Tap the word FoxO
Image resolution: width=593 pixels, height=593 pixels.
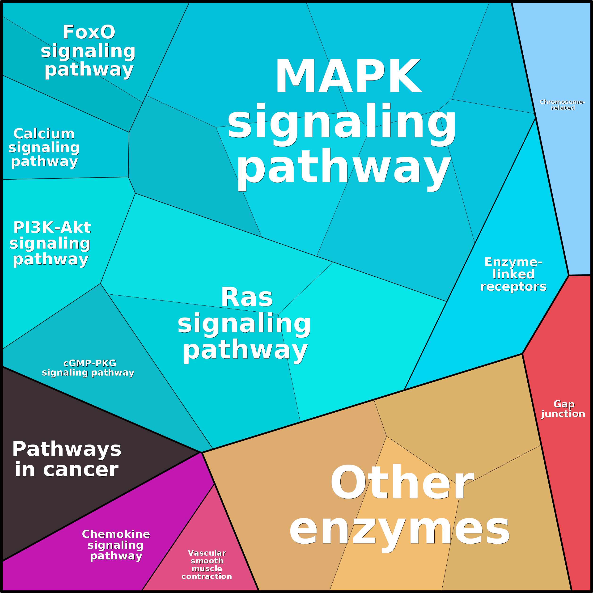[89, 32]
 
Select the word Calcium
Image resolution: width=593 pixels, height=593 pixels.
[44, 134]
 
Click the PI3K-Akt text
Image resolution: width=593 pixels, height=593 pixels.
[52, 227]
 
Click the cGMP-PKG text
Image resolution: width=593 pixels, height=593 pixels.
[90, 363]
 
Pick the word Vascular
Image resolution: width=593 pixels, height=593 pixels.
[207, 553]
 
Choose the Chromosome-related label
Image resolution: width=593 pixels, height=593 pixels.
[563, 105]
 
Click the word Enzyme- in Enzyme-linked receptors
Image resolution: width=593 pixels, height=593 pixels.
[513, 262]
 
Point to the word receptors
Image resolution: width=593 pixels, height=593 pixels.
[513, 286]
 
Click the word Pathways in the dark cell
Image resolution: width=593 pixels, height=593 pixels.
[67, 449]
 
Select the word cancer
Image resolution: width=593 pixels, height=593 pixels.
[81, 470]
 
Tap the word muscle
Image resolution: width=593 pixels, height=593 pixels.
[207, 568]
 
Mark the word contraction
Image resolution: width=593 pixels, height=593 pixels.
[207, 576]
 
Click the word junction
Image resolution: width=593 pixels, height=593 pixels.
[563, 414]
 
